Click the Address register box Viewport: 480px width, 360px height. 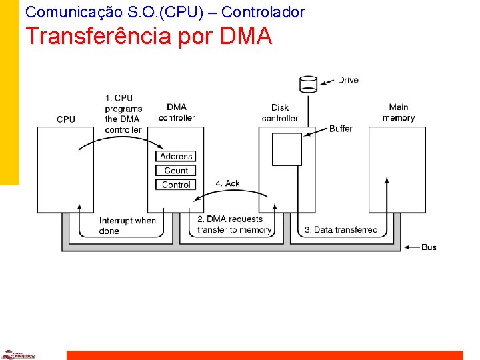click(x=176, y=156)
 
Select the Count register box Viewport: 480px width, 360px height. click(x=176, y=170)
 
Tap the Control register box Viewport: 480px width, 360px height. click(x=176, y=184)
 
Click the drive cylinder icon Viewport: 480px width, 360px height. click(x=308, y=83)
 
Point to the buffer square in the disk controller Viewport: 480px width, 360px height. click(x=287, y=149)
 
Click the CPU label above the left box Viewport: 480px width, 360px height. click(x=66, y=119)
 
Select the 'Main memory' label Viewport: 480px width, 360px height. click(x=399, y=112)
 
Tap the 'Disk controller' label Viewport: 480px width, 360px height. click(x=280, y=113)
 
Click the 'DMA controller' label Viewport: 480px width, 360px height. click(x=177, y=112)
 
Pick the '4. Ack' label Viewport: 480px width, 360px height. click(x=227, y=183)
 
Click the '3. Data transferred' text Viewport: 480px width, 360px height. click(x=341, y=229)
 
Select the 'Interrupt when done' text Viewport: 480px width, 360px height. click(x=127, y=225)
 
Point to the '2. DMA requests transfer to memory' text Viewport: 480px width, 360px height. click(x=234, y=224)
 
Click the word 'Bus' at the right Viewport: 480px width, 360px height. click(x=429, y=247)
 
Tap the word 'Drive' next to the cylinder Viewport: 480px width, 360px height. click(x=348, y=80)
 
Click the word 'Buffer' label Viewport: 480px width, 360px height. click(x=341, y=129)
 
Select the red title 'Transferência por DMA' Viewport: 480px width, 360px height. click(x=149, y=36)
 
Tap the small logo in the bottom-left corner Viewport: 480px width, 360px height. click(x=18, y=355)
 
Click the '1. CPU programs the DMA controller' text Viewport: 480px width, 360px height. click(x=123, y=113)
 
